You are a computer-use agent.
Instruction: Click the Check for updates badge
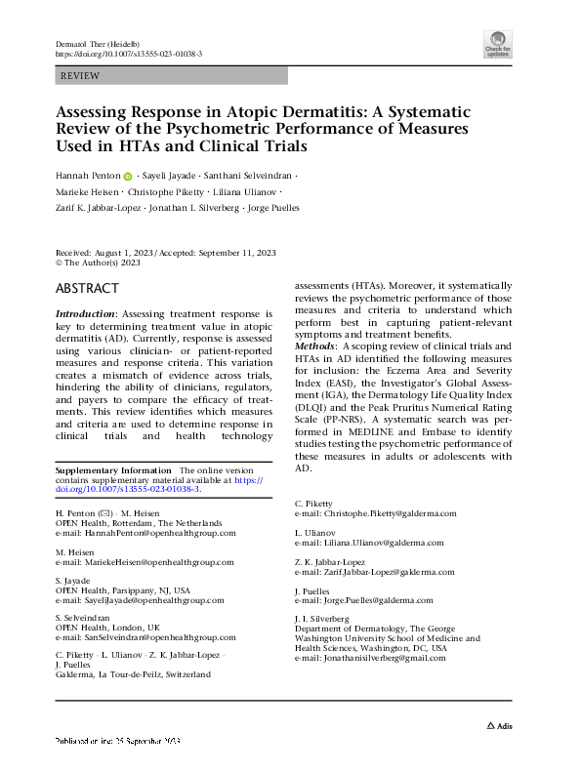tap(497, 43)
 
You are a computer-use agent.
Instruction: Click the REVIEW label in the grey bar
tap(79, 75)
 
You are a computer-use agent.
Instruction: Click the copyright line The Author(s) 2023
tap(103, 262)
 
